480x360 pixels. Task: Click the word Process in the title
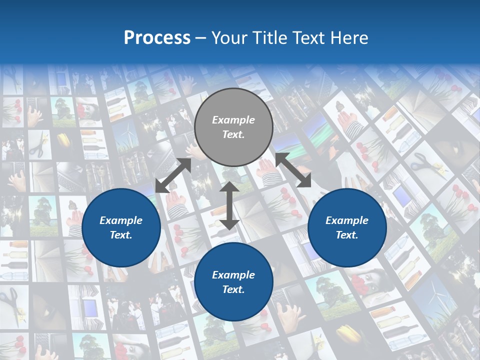click(x=157, y=38)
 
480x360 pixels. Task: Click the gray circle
click(x=233, y=127)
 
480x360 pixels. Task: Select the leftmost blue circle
click(x=121, y=227)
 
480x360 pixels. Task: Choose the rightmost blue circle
click(x=347, y=227)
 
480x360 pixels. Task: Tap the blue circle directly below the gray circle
click(x=233, y=282)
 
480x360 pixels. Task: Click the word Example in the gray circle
click(x=233, y=120)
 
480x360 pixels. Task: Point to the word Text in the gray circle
click(x=233, y=134)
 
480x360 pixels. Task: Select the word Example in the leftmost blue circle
click(x=121, y=220)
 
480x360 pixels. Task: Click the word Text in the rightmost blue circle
click(x=347, y=235)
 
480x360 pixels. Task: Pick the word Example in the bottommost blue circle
click(x=233, y=275)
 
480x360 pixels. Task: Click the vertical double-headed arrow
click(x=229, y=205)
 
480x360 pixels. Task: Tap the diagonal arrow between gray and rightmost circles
click(x=293, y=170)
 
